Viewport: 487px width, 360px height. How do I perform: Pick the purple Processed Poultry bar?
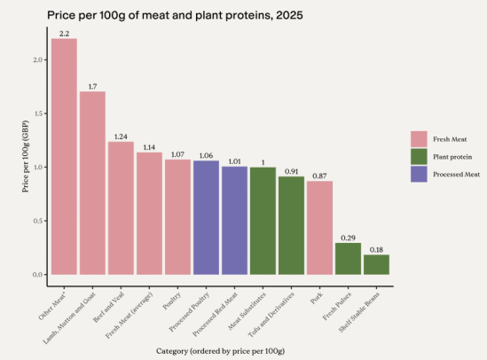point(206,217)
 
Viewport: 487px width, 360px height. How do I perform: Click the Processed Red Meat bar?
point(234,220)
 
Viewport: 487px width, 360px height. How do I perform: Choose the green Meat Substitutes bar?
point(263,221)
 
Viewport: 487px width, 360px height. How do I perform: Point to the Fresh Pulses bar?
point(348,259)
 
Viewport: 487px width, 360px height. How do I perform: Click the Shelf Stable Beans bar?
point(376,264)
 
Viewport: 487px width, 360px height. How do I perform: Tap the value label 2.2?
point(64,34)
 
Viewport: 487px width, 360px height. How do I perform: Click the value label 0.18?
point(376,250)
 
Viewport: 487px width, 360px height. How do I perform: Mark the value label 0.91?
point(291,171)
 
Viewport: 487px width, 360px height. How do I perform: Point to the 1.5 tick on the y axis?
point(35,113)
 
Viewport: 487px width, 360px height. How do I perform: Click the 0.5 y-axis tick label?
point(35,221)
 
